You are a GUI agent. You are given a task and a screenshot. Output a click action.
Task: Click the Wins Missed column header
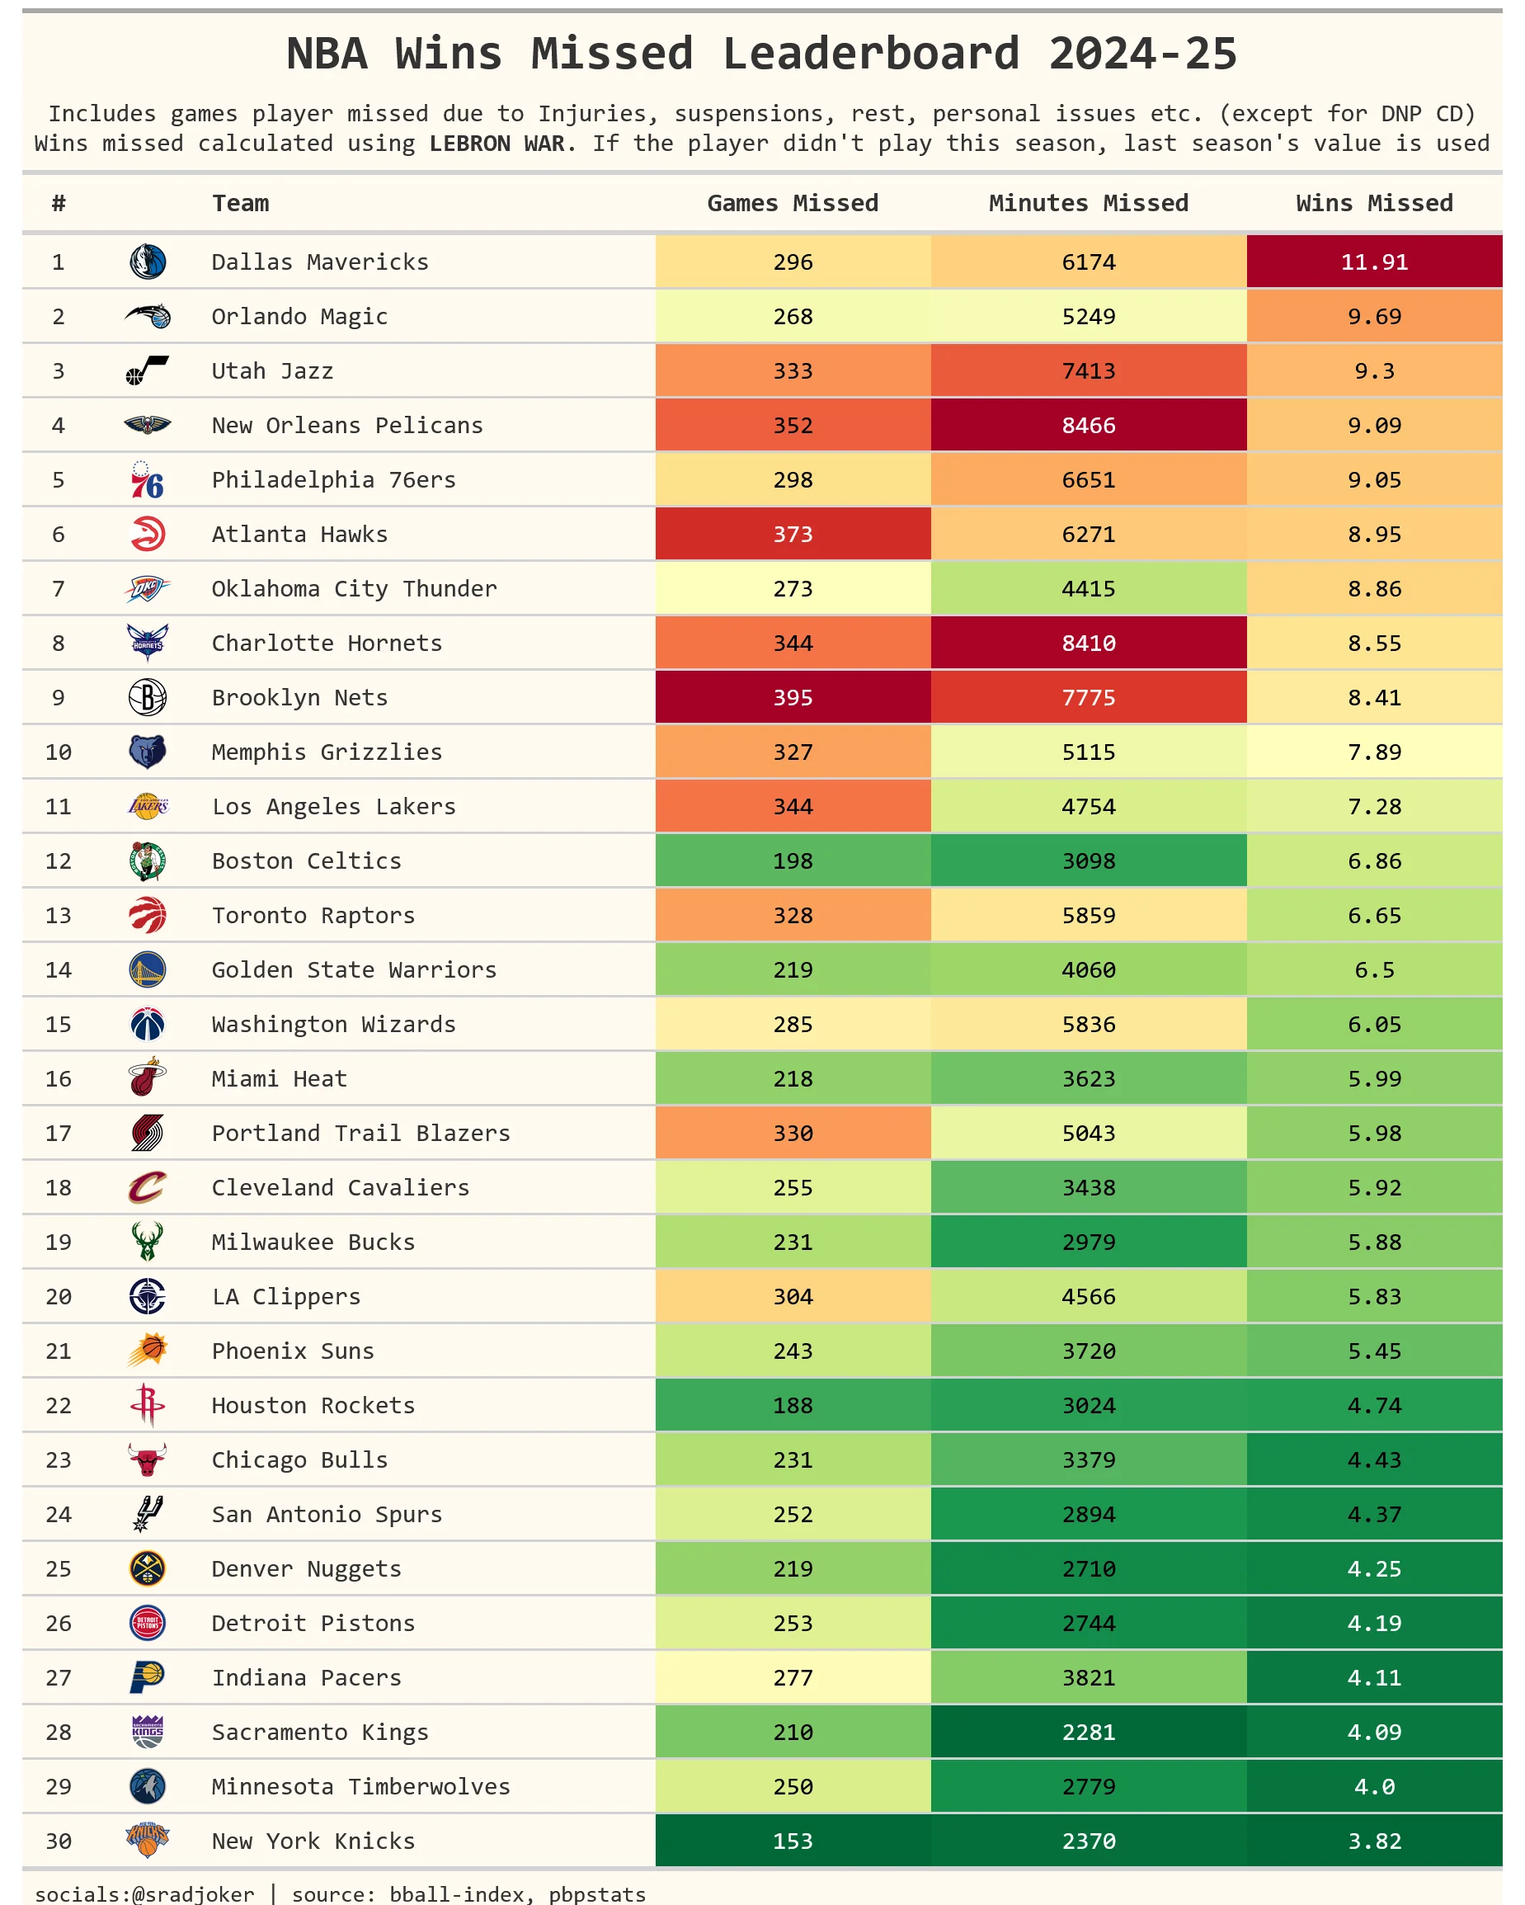(1374, 203)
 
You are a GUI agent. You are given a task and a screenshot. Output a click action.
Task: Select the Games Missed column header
(793, 203)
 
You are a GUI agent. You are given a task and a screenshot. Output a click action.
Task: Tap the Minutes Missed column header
(1088, 203)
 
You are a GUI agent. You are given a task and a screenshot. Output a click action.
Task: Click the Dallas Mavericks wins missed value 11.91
(1374, 262)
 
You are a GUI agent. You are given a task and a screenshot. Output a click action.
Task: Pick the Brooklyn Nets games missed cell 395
(793, 698)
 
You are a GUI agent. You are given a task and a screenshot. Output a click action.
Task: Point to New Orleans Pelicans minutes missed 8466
(1088, 426)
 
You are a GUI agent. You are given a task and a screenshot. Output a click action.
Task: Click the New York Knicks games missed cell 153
(793, 1841)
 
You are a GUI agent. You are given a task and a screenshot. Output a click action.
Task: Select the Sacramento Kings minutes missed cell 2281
(1088, 1732)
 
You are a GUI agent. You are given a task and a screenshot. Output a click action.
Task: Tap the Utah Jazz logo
(147, 371)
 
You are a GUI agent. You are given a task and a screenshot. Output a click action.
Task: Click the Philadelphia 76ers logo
(147, 480)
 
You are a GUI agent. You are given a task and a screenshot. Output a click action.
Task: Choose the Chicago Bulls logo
(147, 1459)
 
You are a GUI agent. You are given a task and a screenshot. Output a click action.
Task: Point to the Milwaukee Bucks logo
(147, 1242)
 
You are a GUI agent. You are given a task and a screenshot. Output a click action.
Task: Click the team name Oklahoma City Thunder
(354, 589)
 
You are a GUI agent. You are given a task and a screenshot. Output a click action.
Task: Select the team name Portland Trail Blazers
(360, 1134)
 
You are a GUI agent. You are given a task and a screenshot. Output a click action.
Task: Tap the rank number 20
(59, 1297)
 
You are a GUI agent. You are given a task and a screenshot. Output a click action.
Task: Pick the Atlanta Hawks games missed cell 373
(793, 535)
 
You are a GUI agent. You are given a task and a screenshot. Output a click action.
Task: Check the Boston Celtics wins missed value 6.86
(1374, 861)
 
